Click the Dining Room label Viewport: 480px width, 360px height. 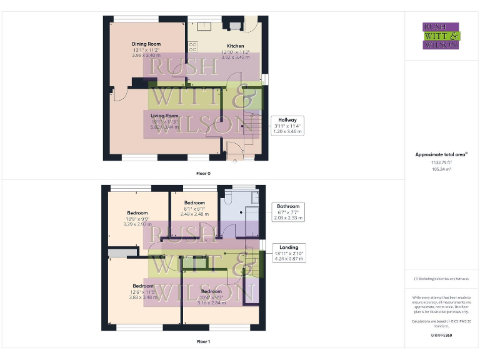(146, 43)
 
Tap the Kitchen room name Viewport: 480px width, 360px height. (236, 46)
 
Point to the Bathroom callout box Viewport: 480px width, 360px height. (288, 212)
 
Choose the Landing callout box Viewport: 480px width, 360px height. (289, 252)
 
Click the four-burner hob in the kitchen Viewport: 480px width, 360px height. (192, 46)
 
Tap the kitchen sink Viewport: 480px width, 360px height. (204, 26)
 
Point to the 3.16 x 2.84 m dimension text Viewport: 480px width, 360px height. (211, 302)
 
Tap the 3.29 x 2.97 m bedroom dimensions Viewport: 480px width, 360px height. (138, 224)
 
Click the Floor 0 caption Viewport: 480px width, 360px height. (203, 172)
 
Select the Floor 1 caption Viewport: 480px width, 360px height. (203, 342)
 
